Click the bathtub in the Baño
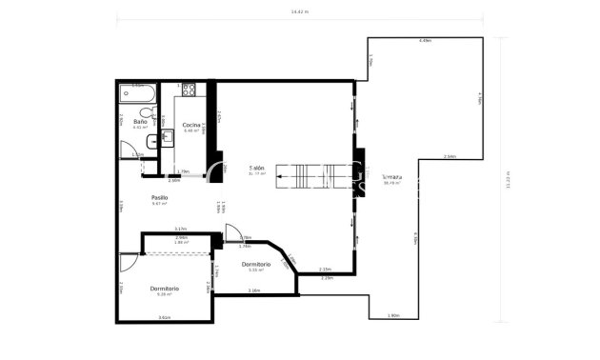point(137,92)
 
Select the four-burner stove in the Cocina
point(189,90)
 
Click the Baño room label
point(140,122)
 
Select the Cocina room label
point(190,125)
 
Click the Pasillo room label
point(159,198)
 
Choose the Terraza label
point(391,177)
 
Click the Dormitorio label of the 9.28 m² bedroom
point(164,288)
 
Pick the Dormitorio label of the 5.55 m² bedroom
point(255,264)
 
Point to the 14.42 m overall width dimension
point(300,12)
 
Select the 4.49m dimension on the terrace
point(425,41)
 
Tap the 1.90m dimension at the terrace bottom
point(392,315)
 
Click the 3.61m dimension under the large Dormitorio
point(164,317)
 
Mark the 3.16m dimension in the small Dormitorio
point(254,290)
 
